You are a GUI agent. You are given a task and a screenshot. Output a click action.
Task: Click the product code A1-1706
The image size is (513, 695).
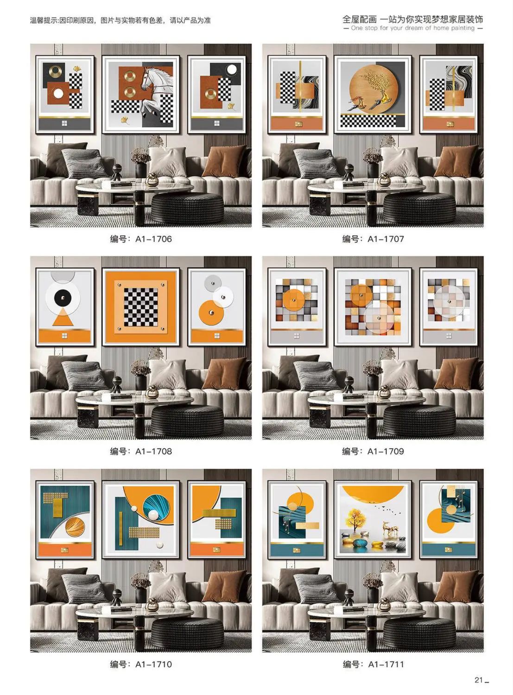click(x=153, y=239)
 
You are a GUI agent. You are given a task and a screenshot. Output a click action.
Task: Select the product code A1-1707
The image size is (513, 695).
click(x=386, y=239)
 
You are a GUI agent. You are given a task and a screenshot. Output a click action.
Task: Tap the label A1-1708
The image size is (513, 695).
click(x=153, y=451)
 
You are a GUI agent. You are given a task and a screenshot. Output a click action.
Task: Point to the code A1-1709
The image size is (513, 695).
click(x=386, y=451)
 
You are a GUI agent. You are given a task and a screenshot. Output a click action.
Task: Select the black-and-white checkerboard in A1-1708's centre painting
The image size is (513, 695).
click(x=141, y=307)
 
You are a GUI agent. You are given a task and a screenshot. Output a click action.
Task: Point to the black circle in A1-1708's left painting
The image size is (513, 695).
click(x=63, y=298)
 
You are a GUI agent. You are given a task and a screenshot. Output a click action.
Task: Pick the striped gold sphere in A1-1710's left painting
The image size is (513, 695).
click(x=75, y=527)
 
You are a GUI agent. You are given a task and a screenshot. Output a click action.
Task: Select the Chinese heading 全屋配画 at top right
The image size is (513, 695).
click(x=360, y=19)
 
